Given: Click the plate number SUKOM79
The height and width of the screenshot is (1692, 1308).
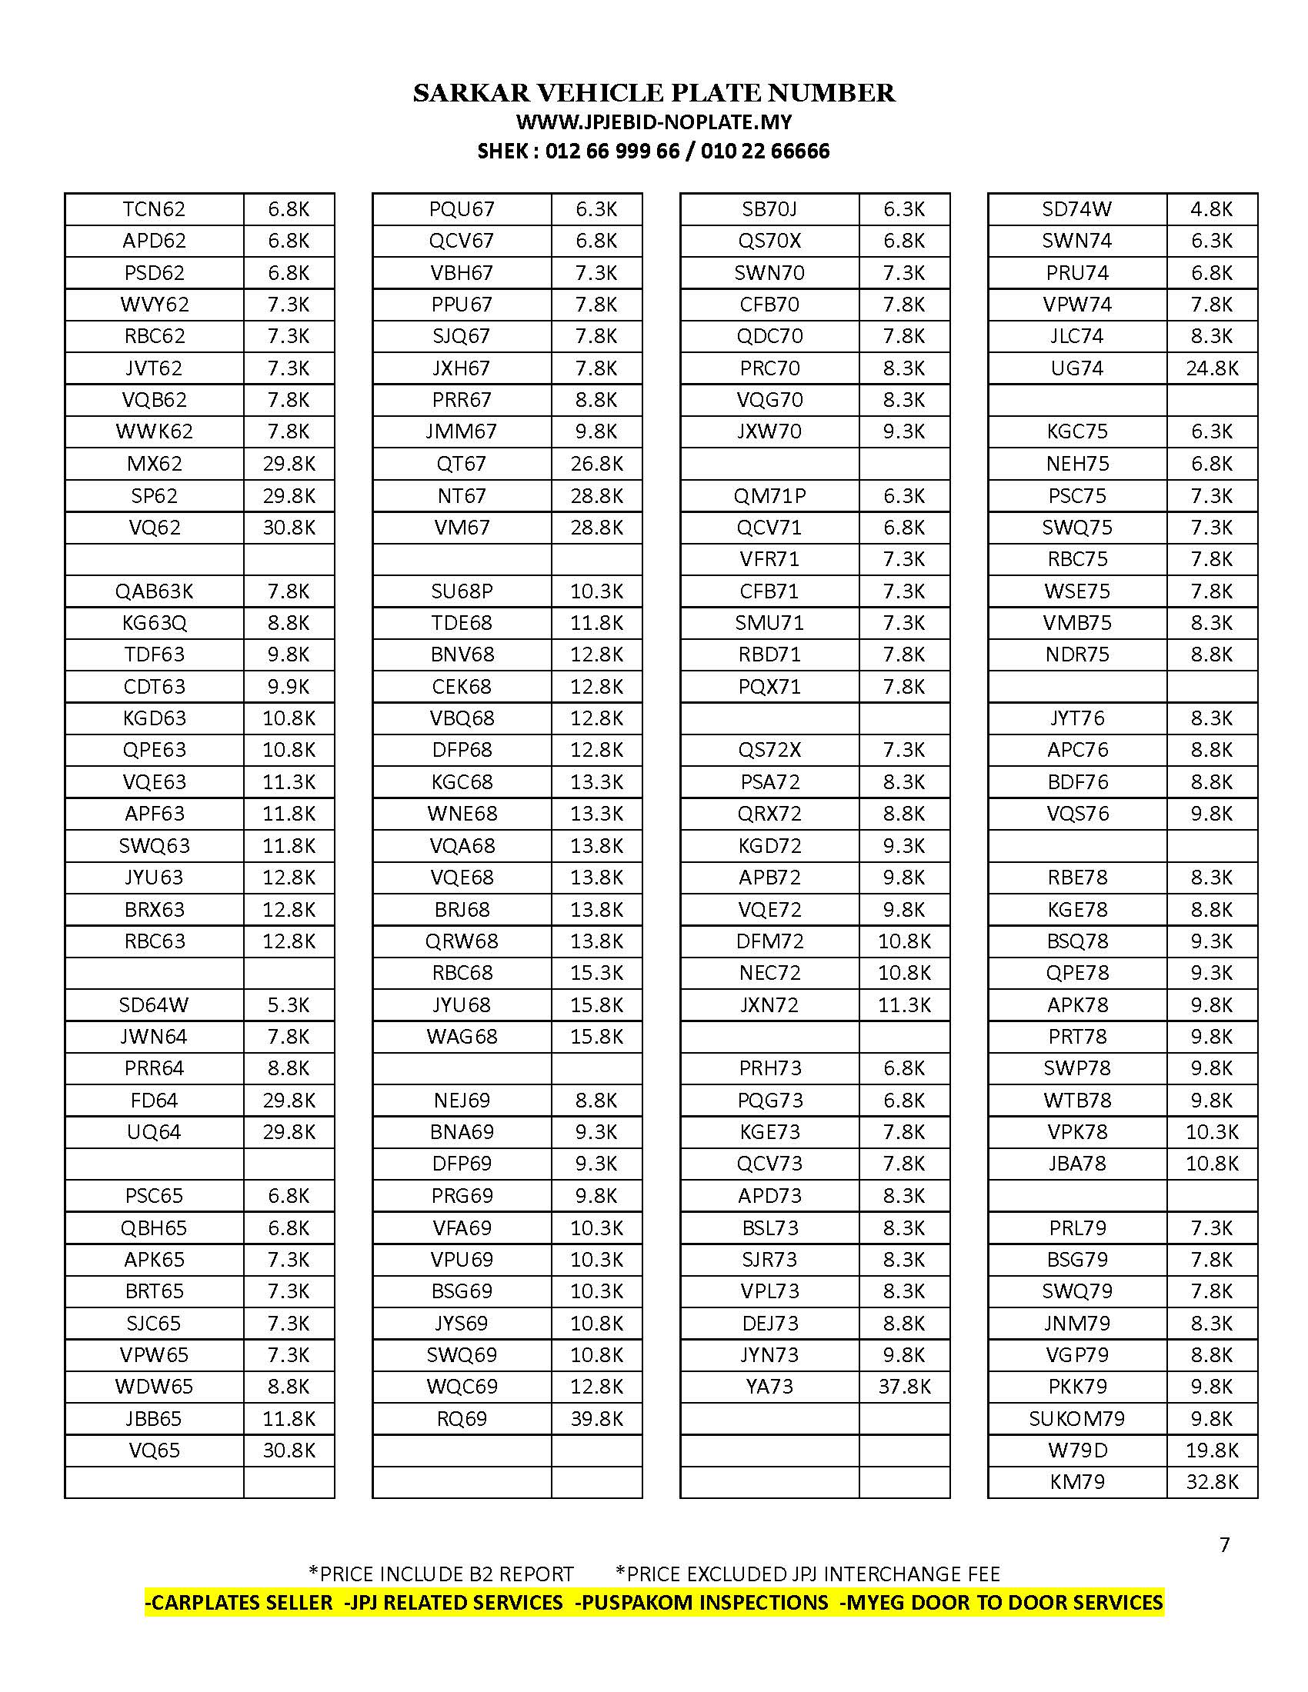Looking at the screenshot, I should coord(1076,1418).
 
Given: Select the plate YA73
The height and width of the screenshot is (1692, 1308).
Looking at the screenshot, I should coord(769,1387).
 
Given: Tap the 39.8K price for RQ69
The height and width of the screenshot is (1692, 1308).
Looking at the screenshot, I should coord(596,1418).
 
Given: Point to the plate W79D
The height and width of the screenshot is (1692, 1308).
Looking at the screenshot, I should coord(1076,1451).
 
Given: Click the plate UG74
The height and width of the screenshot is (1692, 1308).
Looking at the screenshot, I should coord(1076,368).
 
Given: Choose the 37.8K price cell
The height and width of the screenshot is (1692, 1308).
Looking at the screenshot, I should coord(903,1387).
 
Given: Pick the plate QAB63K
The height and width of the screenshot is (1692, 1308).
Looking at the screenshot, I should coord(154,591).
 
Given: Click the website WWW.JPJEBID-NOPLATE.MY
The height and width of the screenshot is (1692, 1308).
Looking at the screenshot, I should coord(653,122).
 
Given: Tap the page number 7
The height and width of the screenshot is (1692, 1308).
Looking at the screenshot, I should coord(1224,1545).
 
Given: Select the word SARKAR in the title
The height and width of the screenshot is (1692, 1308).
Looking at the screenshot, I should coord(471,93).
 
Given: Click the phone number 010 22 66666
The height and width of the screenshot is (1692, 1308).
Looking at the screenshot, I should coord(765,151).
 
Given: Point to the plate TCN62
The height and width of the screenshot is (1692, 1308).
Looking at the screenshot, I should coord(154,209).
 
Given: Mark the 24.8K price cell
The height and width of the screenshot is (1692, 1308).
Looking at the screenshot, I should coord(1211,368).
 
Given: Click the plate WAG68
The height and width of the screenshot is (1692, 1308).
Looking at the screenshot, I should coord(462,1037).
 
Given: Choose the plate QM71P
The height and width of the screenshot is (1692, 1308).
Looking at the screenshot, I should coord(769,496).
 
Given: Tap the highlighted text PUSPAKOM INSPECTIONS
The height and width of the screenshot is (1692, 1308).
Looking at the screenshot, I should coord(704,1602).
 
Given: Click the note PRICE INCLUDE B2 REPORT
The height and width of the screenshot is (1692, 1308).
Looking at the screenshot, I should coord(441,1574).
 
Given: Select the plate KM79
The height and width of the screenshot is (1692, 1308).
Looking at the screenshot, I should coord(1076,1482).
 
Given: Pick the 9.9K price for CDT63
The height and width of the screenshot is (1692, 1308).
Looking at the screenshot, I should coord(289,686).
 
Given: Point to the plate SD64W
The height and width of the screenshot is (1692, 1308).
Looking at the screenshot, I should coord(154,1005).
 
